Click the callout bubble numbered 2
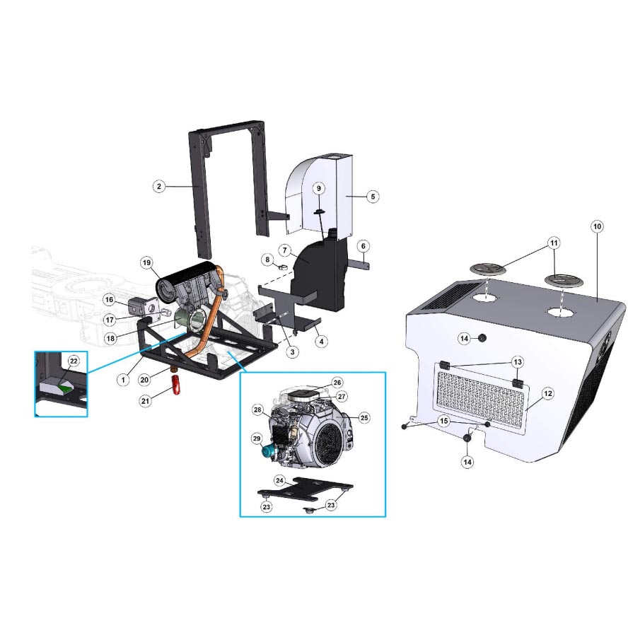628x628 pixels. [159, 186]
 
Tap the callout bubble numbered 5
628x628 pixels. [373, 197]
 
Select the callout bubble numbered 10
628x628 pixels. [597, 227]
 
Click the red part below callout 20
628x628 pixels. [176, 385]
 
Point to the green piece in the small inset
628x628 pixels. [65, 387]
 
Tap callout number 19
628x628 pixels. [146, 263]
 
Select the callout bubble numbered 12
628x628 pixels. [548, 393]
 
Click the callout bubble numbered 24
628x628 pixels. [279, 481]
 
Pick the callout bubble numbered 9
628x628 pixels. [319, 189]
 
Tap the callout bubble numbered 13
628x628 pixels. [518, 362]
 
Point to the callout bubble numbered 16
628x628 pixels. [110, 300]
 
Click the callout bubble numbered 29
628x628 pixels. [257, 438]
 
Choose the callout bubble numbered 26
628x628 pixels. [337, 383]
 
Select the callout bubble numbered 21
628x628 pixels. [146, 400]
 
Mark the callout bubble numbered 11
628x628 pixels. [554, 243]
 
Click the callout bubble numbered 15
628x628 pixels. [443, 421]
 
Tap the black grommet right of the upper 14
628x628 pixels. [482, 338]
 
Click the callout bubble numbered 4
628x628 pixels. [321, 342]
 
